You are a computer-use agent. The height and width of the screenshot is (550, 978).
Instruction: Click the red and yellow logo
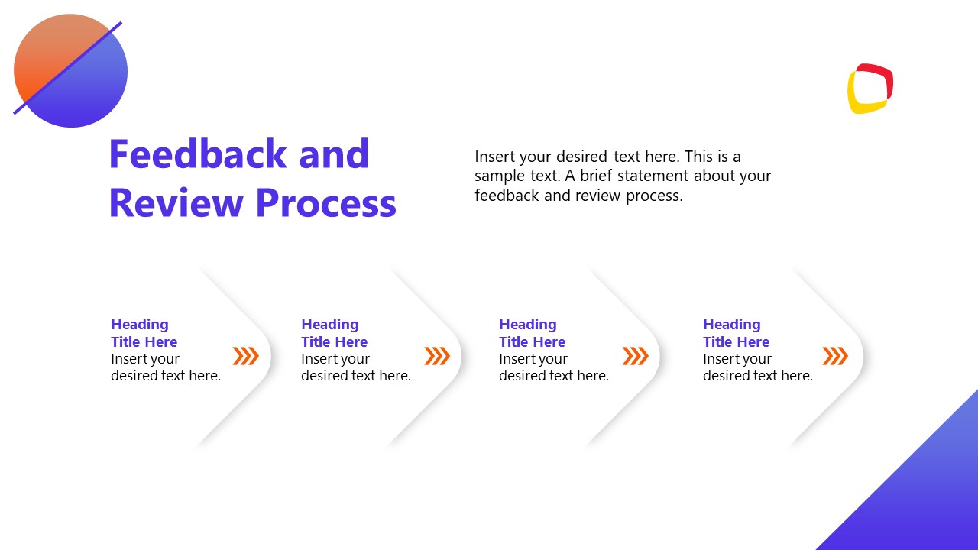click(x=870, y=89)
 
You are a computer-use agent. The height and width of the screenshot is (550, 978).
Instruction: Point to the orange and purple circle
click(x=70, y=71)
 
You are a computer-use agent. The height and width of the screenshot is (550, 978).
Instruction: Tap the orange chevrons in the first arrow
click(x=246, y=356)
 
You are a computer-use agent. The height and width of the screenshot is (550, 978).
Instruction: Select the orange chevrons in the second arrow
click(x=437, y=356)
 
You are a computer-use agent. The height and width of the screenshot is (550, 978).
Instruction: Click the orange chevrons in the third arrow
click(x=635, y=356)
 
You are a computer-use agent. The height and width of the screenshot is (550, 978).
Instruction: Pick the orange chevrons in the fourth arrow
click(x=835, y=356)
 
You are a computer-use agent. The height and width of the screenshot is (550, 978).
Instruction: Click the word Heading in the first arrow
click(x=140, y=325)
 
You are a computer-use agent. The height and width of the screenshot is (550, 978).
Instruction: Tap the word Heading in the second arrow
click(x=330, y=325)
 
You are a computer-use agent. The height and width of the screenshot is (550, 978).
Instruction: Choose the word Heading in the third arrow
click(x=528, y=325)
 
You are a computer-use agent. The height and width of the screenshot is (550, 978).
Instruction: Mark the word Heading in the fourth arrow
click(x=732, y=325)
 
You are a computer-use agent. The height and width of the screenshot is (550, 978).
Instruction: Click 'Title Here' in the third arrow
click(x=533, y=342)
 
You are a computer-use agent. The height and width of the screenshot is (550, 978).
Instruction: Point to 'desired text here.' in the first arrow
click(x=166, y=376)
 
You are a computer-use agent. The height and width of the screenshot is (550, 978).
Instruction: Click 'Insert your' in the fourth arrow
click(x=737, y=359)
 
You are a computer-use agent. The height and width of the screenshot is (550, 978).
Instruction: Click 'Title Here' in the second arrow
click(x=335, y=342)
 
